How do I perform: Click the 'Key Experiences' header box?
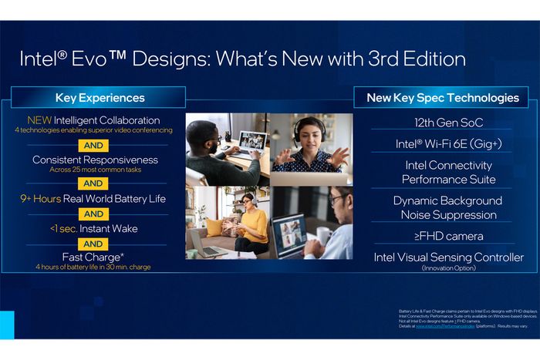(100, 98)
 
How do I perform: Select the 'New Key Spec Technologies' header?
(442, 98)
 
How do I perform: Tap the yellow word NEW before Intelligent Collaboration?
(39, 120)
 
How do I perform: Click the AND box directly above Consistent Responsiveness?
(93, 145)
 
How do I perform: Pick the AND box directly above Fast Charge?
(93, 244)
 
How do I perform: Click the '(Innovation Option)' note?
(448, 267)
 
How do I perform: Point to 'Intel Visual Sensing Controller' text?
(448, 257)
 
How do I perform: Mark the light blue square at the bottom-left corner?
(7, 325)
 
